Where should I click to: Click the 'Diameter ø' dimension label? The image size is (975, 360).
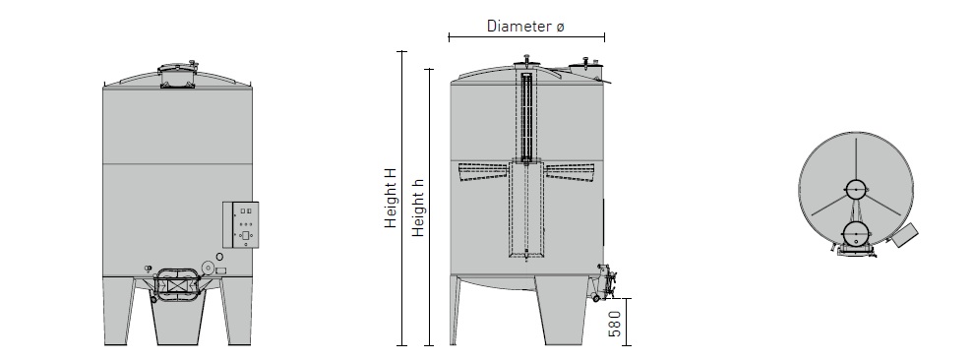[525, 27]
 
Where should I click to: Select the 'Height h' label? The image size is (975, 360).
[418, 207]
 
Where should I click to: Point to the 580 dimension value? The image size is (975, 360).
[614, 324]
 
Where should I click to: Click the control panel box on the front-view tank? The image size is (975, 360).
[241, 224]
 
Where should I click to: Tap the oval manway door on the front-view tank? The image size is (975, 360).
[176, 285]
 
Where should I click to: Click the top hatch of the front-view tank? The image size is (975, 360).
[177, 75]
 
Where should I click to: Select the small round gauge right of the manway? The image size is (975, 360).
[219, 257]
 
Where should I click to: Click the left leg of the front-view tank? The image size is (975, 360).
[118, 311]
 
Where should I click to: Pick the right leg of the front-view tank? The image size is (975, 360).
[237, 311]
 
